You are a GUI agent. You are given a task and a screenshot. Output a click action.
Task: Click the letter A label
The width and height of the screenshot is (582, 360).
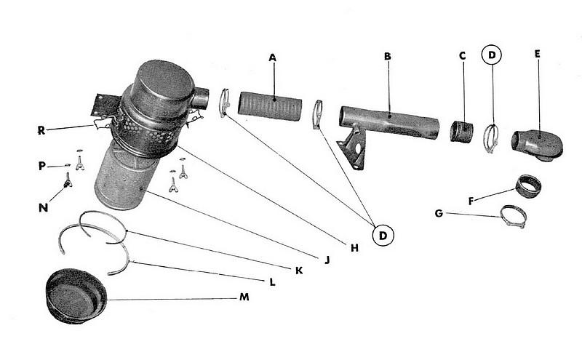[x=273, y=57]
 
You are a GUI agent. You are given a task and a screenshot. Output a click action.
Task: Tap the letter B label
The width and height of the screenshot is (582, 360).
[x=388, y=56]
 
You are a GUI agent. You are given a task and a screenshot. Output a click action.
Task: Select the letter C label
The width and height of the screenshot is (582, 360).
[x=462, y=56]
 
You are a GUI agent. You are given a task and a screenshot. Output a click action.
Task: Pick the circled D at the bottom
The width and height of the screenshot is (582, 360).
[x=383, y=234]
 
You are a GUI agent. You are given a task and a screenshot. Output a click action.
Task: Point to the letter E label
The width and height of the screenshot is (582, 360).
[x=538, y=55]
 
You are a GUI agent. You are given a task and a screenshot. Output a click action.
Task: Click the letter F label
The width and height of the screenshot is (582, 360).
[x=471, y=201]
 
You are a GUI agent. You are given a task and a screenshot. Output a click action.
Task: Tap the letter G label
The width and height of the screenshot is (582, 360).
[x=439, y=213]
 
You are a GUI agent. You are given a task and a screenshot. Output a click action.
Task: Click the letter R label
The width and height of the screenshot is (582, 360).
[x=41, y=131]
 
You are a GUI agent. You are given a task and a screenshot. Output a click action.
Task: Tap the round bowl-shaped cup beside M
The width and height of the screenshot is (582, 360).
[x=76, y=295]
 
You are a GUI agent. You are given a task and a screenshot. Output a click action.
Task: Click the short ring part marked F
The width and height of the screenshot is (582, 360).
[x=530, y=187]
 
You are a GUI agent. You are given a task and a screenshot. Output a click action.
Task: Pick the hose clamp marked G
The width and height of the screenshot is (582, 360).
[x=512, y=215]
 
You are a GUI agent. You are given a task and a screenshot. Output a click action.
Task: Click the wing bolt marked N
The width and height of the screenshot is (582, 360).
[x=68, y=185]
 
